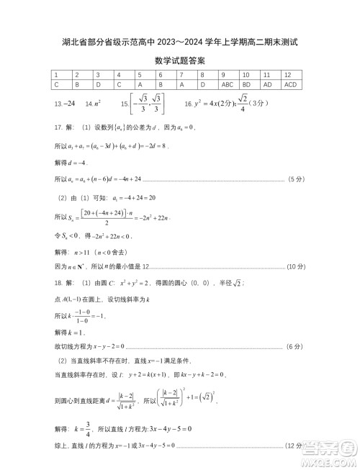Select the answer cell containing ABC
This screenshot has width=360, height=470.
click(228, 84)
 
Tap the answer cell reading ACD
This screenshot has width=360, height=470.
click(290, 84)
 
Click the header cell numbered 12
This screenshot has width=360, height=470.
click(288, 75)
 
